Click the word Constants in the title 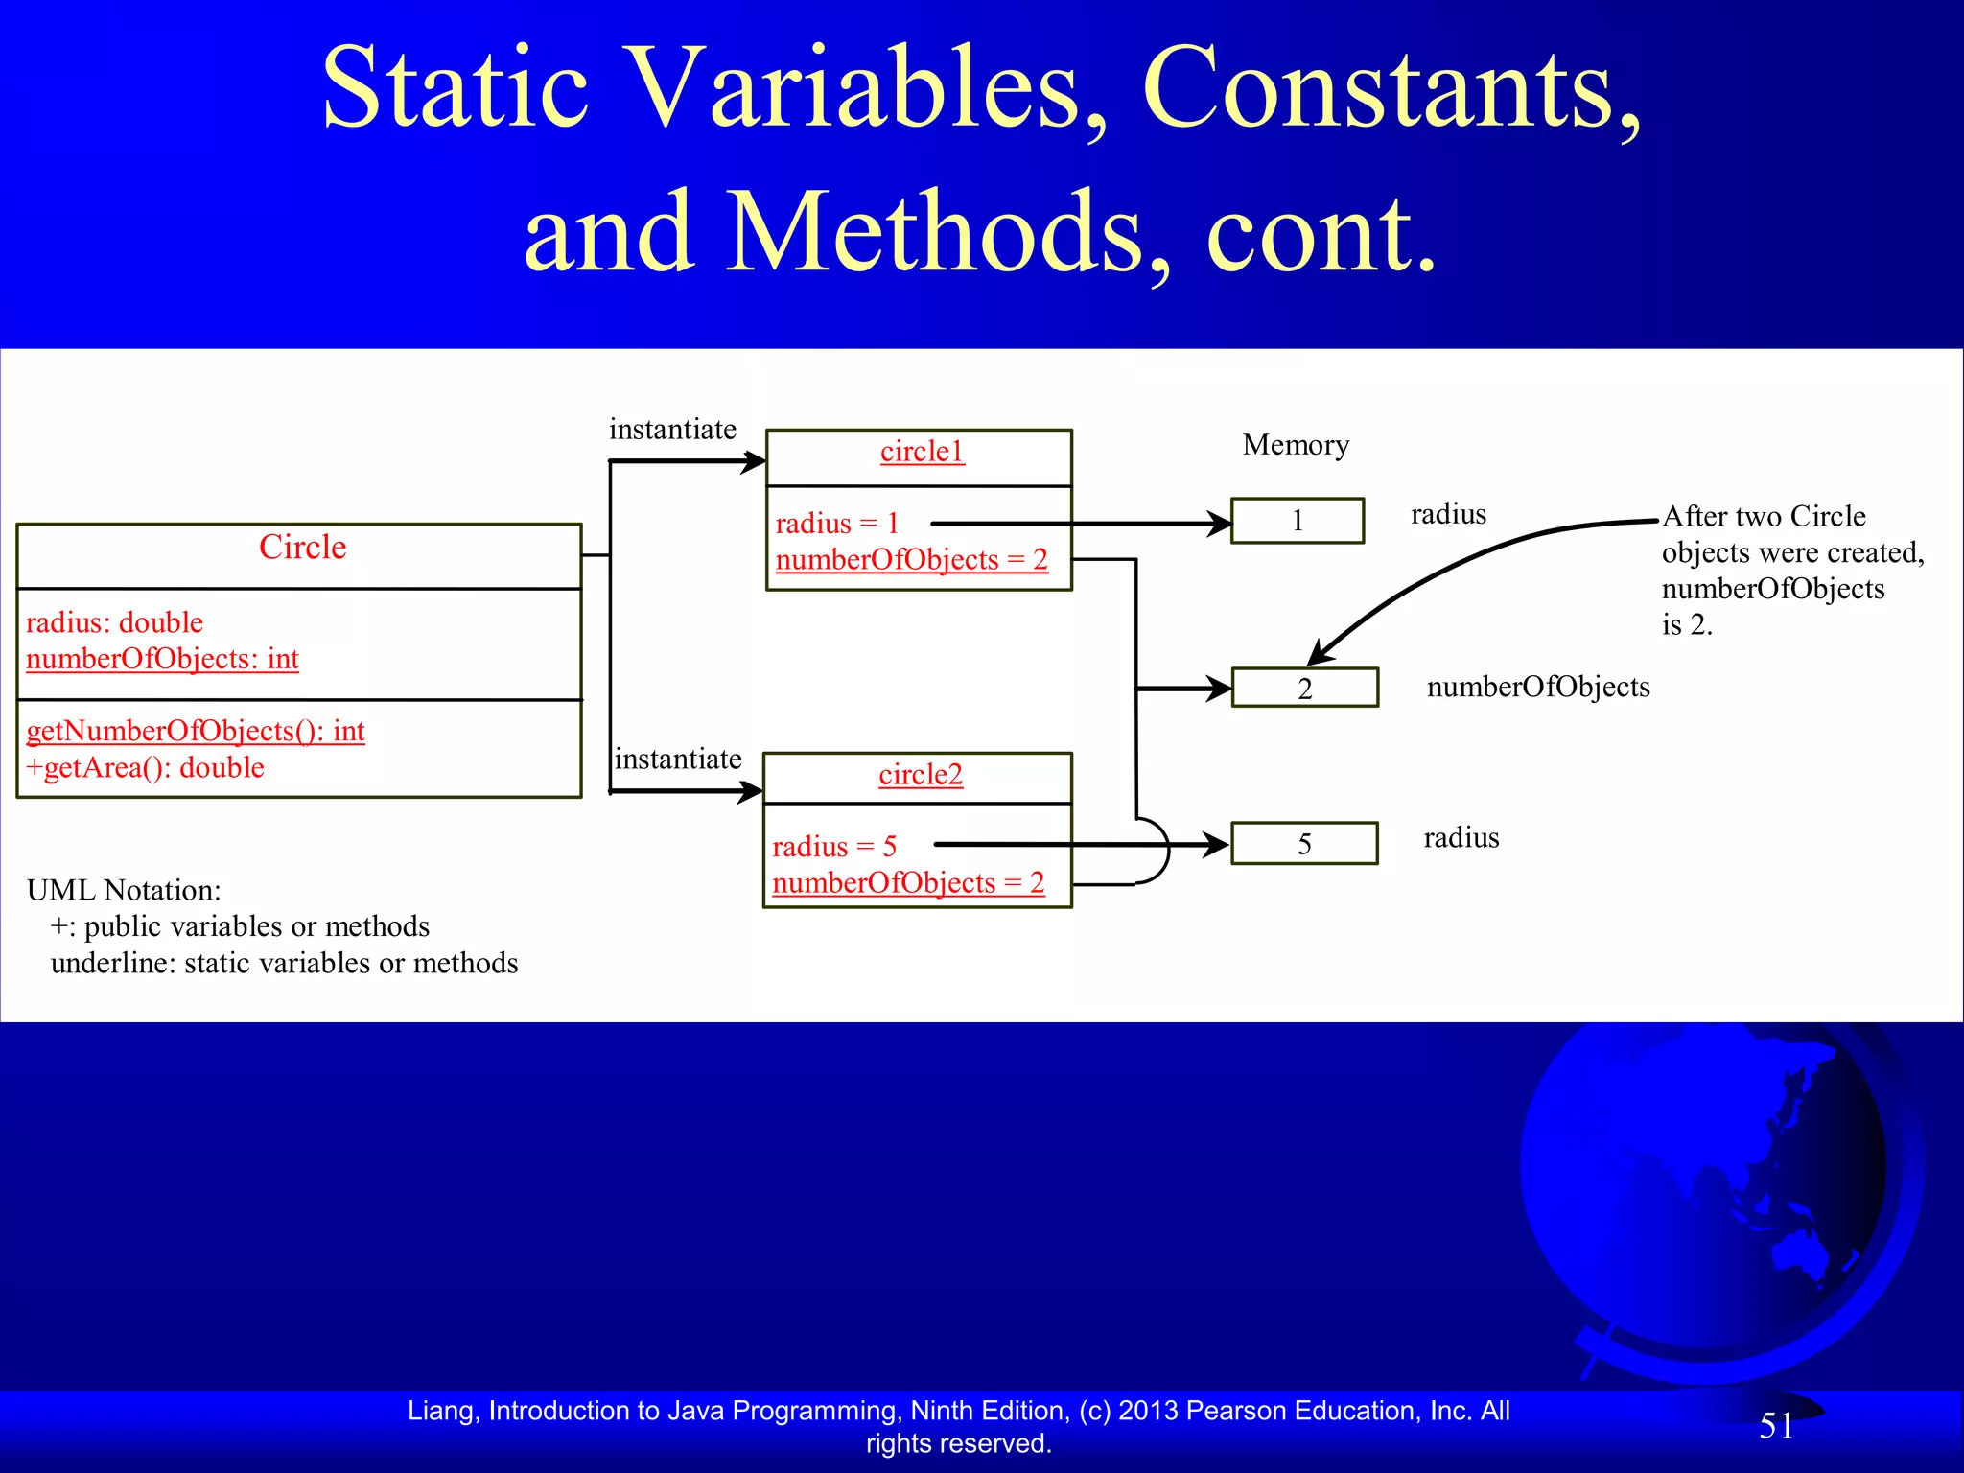(x=1391, y=88)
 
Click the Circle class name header (x=302, y=548)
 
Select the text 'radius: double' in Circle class (x=114, y=623)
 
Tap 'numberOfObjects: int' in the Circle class (x=162, y=660)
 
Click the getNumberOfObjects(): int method (x=196, y=732)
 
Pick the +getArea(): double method (x=145, y=768)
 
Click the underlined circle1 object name (x=922, y=452)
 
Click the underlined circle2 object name (x=920, y=775)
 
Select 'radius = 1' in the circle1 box (x=836, y=524)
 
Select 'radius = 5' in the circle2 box (x=833, y=847)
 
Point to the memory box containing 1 (x=1297, y=521)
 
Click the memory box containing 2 (x=1304, y=689)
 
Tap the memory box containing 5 (x=1304, y=844)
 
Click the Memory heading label (x=1296, y=445)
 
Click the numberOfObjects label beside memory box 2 (x=1537, y=688)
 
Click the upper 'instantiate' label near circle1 (x=672, y=430)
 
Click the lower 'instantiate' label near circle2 (x=677, y=760)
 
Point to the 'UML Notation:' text (x=124, y=891)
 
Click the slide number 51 (x=1776, y=1426)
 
